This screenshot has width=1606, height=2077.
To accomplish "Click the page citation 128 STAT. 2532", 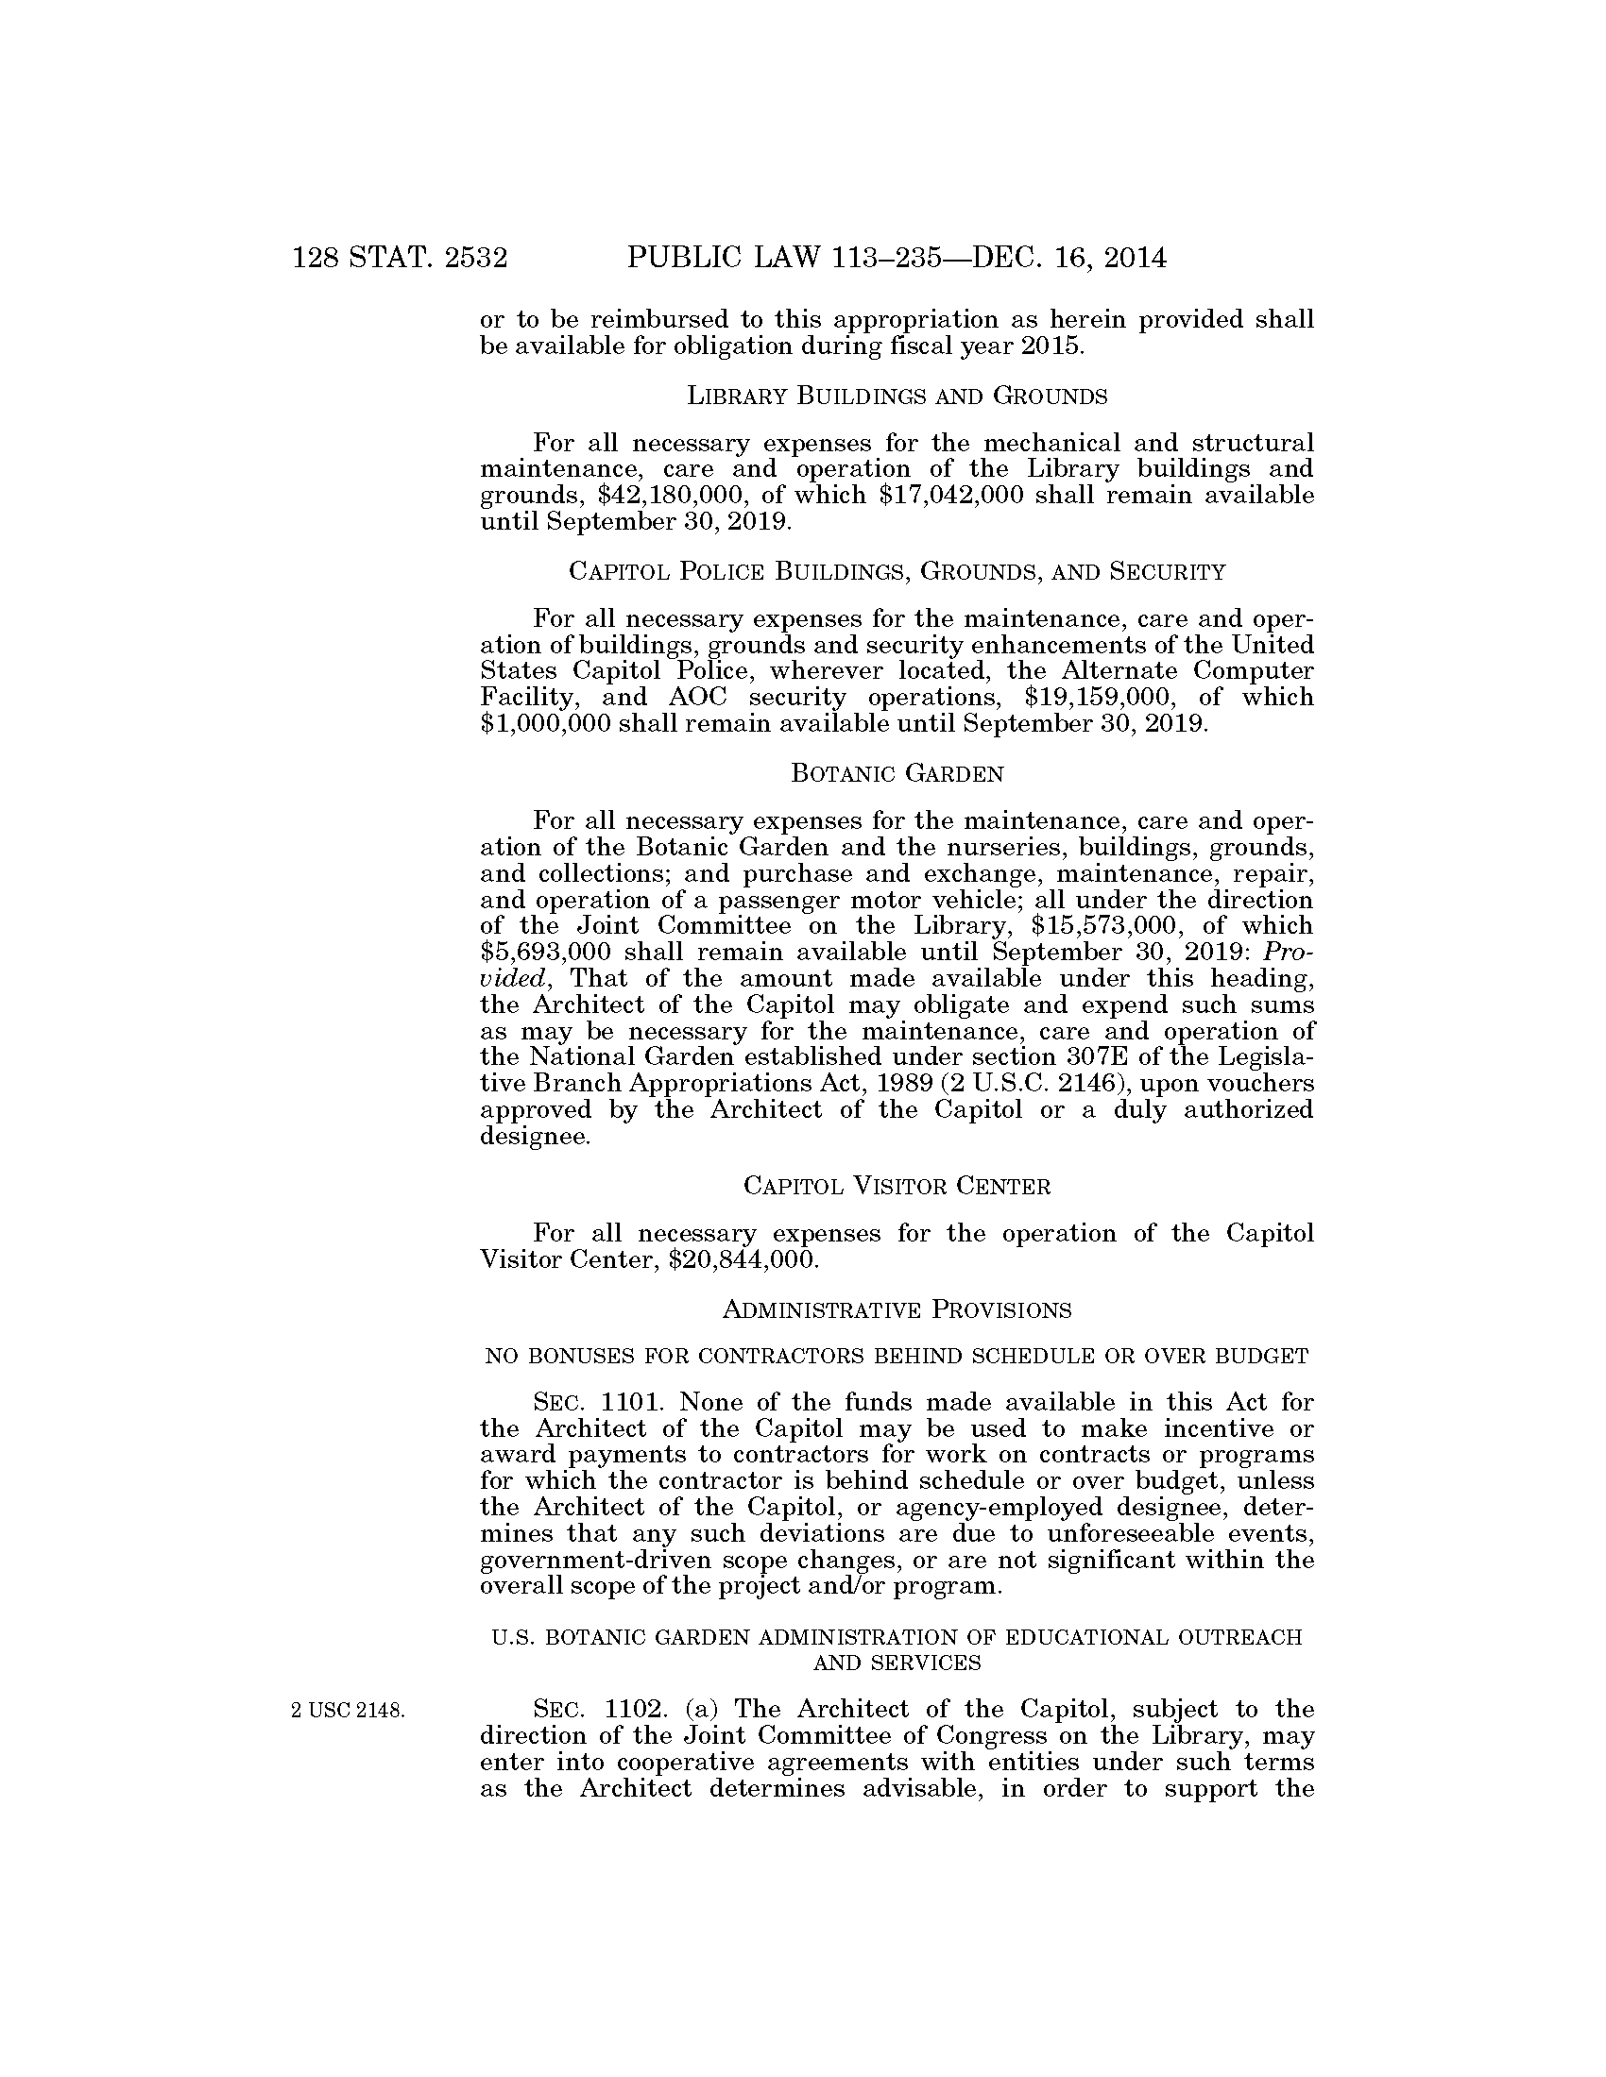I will (400, 259).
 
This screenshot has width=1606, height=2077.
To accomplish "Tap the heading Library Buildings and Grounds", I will (897, 397).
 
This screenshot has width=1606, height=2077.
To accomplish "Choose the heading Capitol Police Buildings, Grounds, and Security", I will (897, 571).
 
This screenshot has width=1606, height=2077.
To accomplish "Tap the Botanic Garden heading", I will (897, 773).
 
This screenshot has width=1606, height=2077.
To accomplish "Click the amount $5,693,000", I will (549, 952).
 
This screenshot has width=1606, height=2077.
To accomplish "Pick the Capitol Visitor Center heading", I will (897, 1186).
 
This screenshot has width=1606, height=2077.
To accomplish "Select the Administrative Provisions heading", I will (897, 1310).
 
